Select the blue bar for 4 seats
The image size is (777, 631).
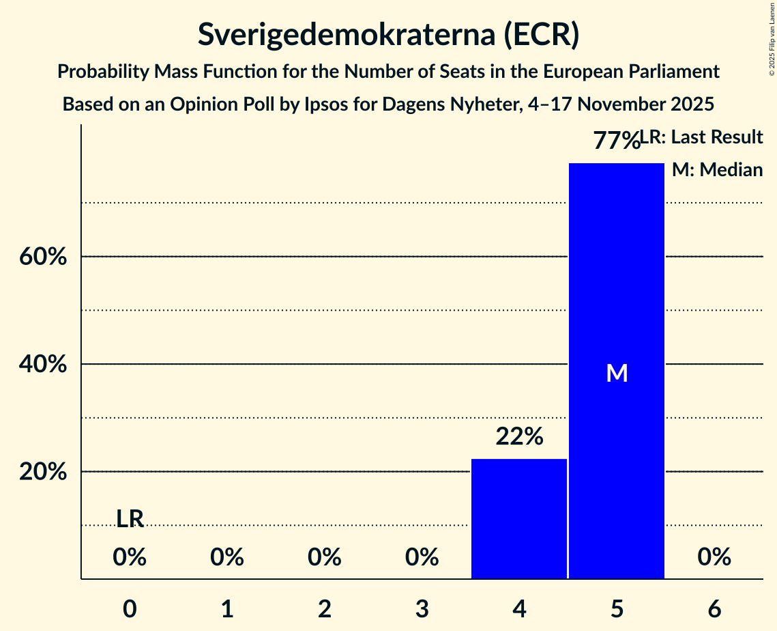tap(519, 519)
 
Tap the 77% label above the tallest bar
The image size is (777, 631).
tap(616, 141)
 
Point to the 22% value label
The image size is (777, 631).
tap(519, 436)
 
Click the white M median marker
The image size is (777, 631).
tap(617, 373)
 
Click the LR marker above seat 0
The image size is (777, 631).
tap(130, 519)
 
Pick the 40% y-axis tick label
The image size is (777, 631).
tap(42, 365)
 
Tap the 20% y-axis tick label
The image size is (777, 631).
tap(42, 472)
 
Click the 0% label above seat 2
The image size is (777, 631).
tap(325, 558)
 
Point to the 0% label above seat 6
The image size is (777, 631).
tap(714, 558)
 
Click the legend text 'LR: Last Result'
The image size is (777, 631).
tap(703, 137)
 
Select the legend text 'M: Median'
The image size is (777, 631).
tap(717, 170)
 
